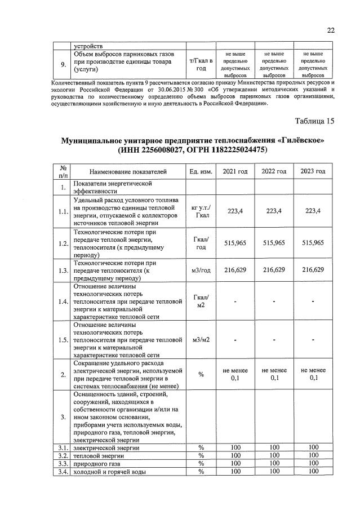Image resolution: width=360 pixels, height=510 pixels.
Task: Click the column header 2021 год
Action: pyautogui.click(x=235, y=171)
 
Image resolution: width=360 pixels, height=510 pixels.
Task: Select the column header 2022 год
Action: pyautogui.click(x=273, y=171)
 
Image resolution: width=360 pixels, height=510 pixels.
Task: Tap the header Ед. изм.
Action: pyautogui.click(x=201, y=171)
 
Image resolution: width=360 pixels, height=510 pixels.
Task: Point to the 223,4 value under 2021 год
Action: pyautogui.click(x=235, y=211)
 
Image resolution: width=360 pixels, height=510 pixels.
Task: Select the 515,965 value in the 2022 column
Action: pyautogui.click(x=273, y=242)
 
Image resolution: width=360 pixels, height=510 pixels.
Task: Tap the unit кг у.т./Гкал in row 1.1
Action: pyautogui.click(x=201, y=211)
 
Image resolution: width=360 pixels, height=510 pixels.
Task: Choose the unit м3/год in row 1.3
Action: pyautogui.click(x=201, y=270)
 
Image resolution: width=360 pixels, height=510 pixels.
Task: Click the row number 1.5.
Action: pyautogui.click(x=64, y=340)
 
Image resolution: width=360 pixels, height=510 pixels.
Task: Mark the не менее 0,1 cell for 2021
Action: pyautogui.click(x=235, y=374)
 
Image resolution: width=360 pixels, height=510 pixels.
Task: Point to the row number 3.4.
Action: pyautogui.click(x=64, y=472)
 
